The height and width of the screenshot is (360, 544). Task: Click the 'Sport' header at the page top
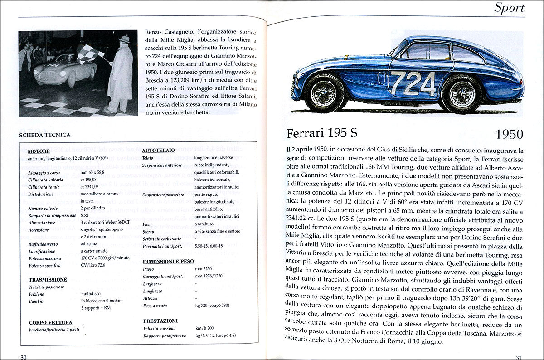(x=509, y=8)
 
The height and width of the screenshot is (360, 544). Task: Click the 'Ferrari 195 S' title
(x=322, y=133)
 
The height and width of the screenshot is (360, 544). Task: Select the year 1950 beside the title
(x=509, y=134)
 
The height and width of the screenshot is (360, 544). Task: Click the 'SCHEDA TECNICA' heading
(x=44, y=135)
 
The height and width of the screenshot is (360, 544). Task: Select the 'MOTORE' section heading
(x=39, y=151)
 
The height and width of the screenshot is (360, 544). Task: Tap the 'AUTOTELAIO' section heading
(x=158, y=150)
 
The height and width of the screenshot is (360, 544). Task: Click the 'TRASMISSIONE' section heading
(x=48, y=280)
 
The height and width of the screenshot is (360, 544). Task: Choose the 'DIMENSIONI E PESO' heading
(x=168, y=261)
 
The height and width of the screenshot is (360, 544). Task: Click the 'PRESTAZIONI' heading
(x=160, y=321)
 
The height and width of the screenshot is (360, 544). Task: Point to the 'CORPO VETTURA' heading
(x=50, y=323)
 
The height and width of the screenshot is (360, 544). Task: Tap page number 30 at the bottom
(x=23, y=357)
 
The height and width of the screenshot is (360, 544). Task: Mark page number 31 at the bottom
(x=519, y=357)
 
